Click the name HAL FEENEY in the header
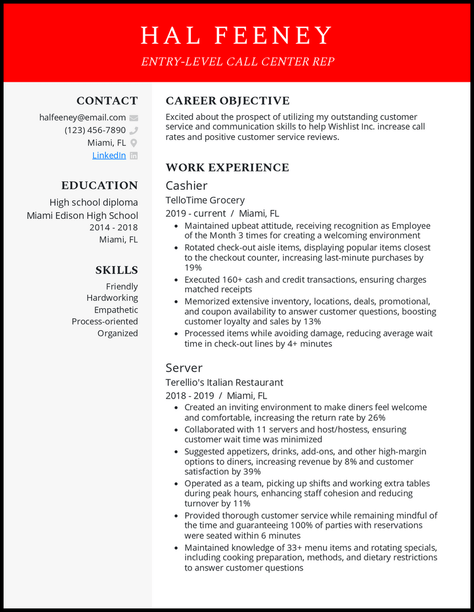[237, 36]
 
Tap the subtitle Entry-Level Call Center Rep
[237, 61]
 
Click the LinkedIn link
[109, 155]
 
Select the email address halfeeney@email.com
[82, 117]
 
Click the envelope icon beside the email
[134, 118]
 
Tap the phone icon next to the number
[134, 130]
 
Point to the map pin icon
[134, 143]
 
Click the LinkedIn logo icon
[134, 155]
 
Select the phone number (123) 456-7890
[95, 130]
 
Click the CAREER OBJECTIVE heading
[228, 101]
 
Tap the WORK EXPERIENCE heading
[228, 168]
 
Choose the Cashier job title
[186, 186]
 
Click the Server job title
[184, 368]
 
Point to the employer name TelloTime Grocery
[205, 200]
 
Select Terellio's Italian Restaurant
[225, 383]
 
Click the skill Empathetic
[116, 310]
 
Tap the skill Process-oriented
[105, 321]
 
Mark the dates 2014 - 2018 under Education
[114, 228]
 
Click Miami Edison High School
[82, 215]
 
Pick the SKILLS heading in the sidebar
[117, 270]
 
